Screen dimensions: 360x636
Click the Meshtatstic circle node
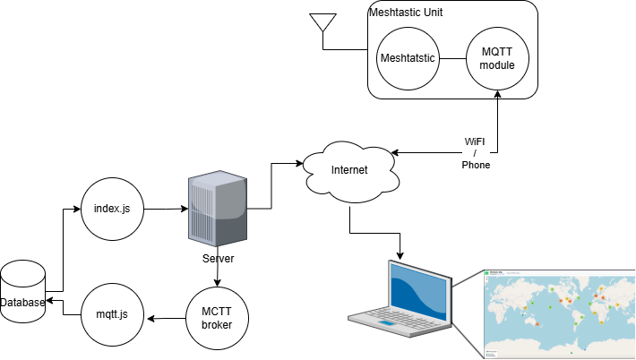[x=408, y=58]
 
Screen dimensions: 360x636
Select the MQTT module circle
[x=497, y=58]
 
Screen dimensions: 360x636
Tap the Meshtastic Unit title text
[x=406, y=13]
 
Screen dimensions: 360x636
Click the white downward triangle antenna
[x=322, y=21]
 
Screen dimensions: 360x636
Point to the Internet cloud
[x=349, y=169]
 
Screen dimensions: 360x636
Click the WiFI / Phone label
[x=476, y=154]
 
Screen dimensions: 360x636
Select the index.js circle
[x=113, y=209]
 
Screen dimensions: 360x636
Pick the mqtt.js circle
[x=113, y=314]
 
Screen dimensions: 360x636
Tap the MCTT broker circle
[x=217, y=318]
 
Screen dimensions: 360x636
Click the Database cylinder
[x=22, y=291]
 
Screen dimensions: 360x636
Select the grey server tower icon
[x=218, y=210]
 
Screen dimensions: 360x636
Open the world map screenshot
[x=559, y=313]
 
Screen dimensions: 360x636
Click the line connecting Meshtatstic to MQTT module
[x=453, y=59]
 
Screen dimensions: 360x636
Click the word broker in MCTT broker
[x=217, y=325]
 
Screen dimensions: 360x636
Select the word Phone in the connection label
[x=476, y=166]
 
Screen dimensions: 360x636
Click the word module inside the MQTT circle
[x=497, y=65]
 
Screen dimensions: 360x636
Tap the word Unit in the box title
[x=431, y=13]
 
